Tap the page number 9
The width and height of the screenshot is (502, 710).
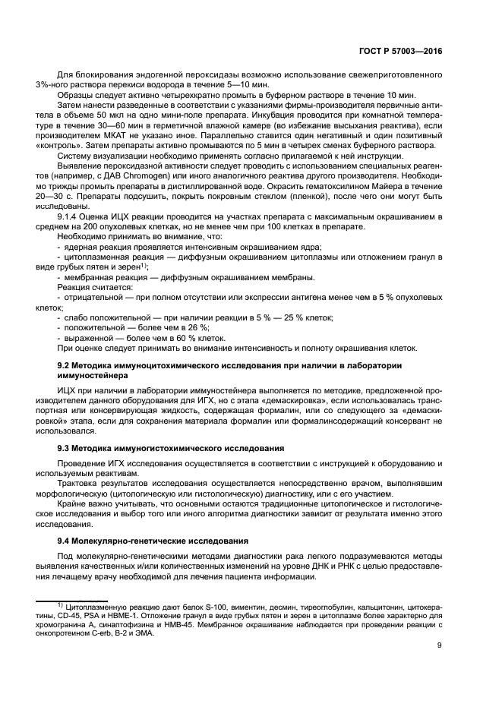tap(440, 645)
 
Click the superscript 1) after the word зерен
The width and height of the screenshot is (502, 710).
tap(144, 265)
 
